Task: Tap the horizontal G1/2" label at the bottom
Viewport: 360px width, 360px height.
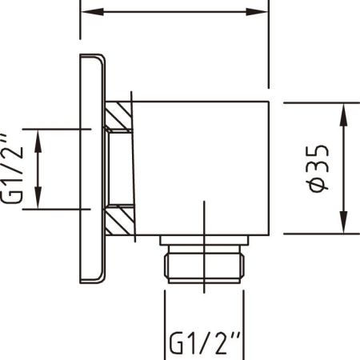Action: click(x=206, y=343)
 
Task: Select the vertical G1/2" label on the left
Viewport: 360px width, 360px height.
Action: click(x=12, y=168)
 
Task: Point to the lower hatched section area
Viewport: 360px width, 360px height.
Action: click(x=120, y=220)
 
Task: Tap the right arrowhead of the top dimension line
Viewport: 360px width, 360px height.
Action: click(x=256, y=12)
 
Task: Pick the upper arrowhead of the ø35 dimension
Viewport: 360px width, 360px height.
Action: click(x=343, y=114)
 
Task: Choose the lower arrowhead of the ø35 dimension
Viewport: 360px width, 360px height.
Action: click(x=343, y=222)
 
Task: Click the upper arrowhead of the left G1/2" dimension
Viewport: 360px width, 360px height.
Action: click(x=38, y=141)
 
